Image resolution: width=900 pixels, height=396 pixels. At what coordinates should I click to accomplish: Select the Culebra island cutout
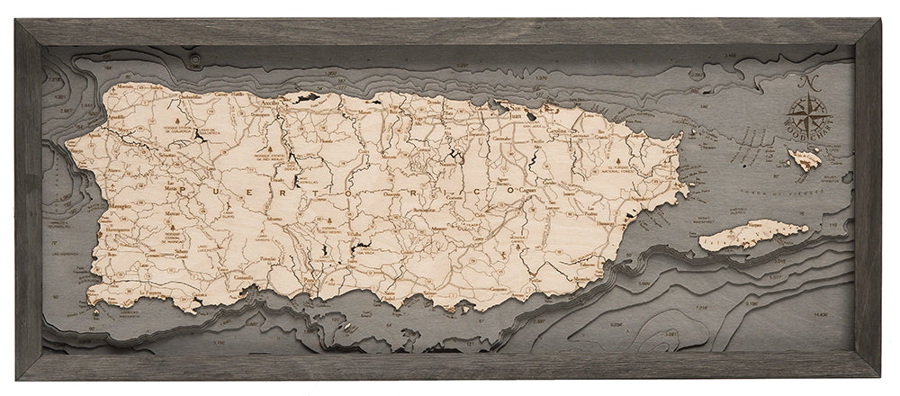(x=805, y=160)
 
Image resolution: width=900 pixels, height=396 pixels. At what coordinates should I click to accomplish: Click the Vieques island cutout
(x=752, y=236)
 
